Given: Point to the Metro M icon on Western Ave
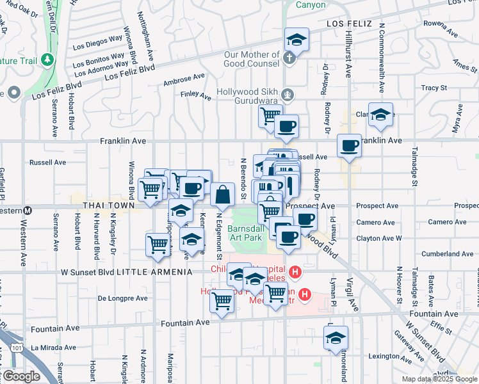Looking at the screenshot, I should coord(28,211).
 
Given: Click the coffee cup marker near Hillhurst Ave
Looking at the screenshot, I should coord(349,146).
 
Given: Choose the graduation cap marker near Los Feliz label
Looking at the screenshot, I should coord(296,40).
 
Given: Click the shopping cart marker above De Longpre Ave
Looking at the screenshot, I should coord(158,244).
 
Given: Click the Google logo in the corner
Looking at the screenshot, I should coord(20,376).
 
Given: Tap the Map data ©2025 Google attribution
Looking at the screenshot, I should coord(439,379).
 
